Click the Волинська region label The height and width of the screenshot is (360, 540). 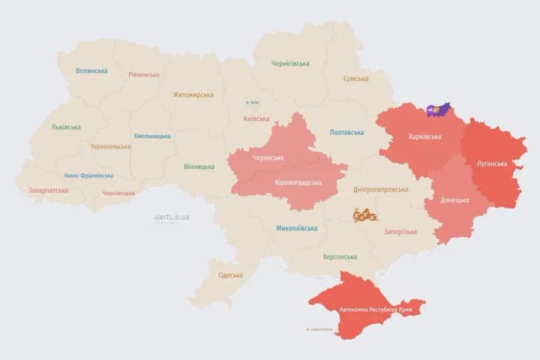[91, 71]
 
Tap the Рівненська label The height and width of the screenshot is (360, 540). [144, 75]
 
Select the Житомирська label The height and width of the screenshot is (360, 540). [193, 95]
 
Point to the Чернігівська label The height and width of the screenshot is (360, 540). [290, 64]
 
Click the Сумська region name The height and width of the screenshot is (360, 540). [355, 79]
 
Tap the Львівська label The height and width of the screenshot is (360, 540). [66, 127]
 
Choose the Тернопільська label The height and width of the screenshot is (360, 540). [110, 147]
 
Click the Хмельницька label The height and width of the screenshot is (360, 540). [152, 136]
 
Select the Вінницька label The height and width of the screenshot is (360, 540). [199, 166]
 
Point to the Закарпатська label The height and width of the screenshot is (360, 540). [48, 190]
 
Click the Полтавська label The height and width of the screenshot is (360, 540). [346, 133]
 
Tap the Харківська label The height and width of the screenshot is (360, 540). [425, 137]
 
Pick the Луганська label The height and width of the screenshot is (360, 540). [492, 163]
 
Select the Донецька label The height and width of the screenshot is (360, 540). [454, 200]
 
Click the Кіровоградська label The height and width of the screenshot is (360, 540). [298, 183]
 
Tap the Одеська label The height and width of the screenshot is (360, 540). [230, 275]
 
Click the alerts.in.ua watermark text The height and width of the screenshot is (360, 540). [171, 217]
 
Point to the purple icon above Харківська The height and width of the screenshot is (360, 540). [438, 110]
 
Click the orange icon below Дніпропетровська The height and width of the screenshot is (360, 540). [365, 215]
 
